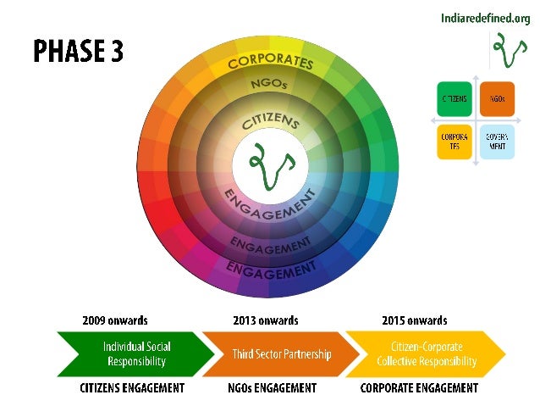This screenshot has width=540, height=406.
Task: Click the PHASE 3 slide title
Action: coord(78,51)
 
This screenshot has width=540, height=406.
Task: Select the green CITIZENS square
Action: coord(453,99)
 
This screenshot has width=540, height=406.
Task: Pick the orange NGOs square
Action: coord(495,99)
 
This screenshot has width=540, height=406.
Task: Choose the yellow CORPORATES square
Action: coord(453,141)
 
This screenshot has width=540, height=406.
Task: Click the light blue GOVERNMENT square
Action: coord(495,141)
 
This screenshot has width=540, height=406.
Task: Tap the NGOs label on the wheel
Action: coord(269,86)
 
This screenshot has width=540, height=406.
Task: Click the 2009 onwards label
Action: coord(115,320)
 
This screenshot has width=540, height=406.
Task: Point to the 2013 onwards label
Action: coord(266,320)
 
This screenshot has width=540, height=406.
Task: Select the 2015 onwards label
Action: coord(415,320)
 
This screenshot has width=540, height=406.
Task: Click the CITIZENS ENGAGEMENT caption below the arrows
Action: coord(132,388)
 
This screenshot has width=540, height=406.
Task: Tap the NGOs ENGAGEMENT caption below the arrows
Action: coord(273,388)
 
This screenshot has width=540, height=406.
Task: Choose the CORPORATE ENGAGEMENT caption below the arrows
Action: coord(419,388)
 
